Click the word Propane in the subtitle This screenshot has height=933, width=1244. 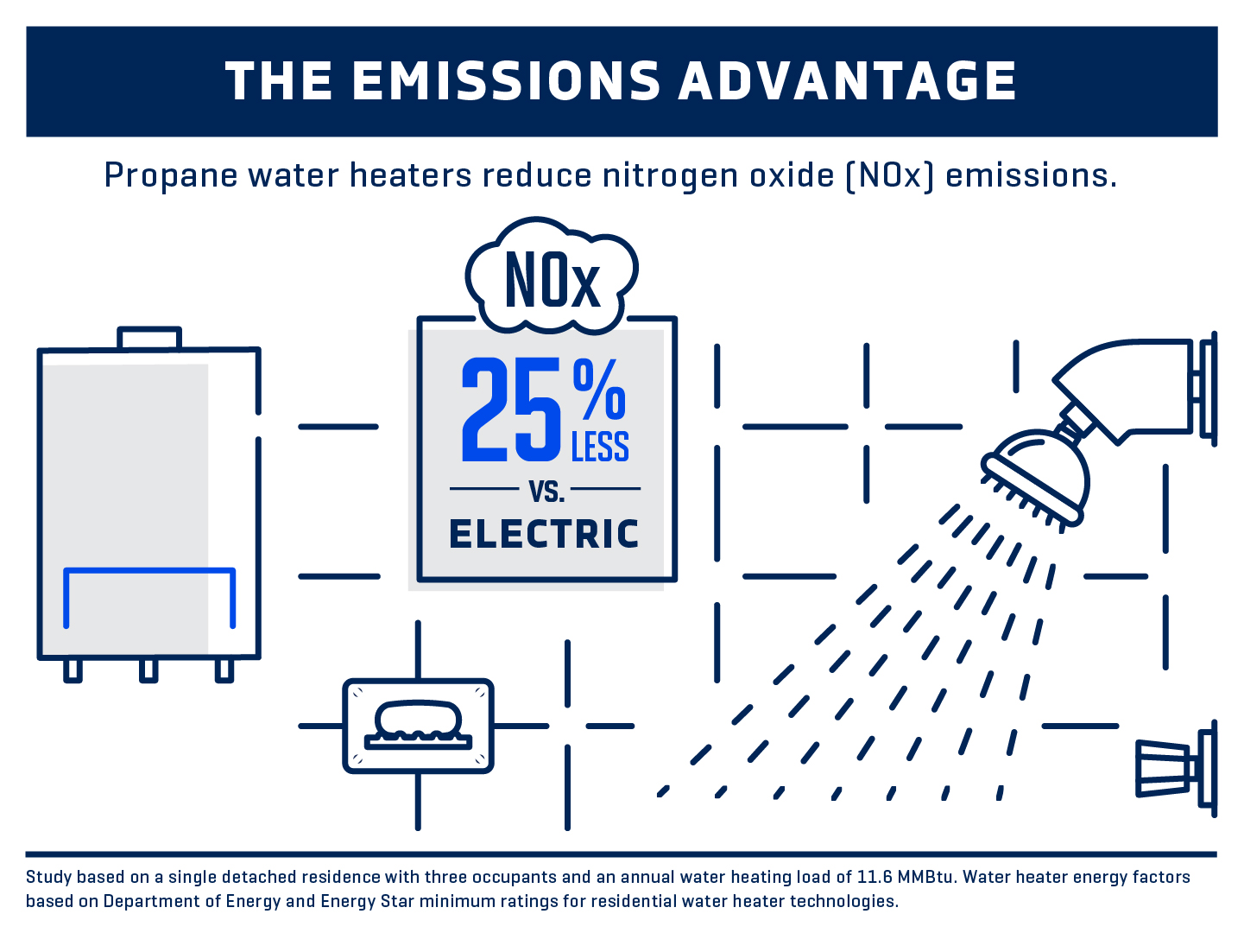coord(171,176)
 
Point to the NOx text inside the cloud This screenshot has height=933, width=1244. coord(552,280)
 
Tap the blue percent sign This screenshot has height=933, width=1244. coord(599,390)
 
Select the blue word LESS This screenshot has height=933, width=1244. coord(600,447)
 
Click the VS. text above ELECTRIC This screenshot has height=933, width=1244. coord(547,491)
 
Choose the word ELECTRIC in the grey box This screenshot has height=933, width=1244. coord(544,534)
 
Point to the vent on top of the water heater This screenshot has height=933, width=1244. coord(149,338)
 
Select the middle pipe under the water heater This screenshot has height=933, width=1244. coord(148,670)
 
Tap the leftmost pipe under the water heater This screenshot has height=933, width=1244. coord(73,670)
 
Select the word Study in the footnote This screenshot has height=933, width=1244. coord(47,878)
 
